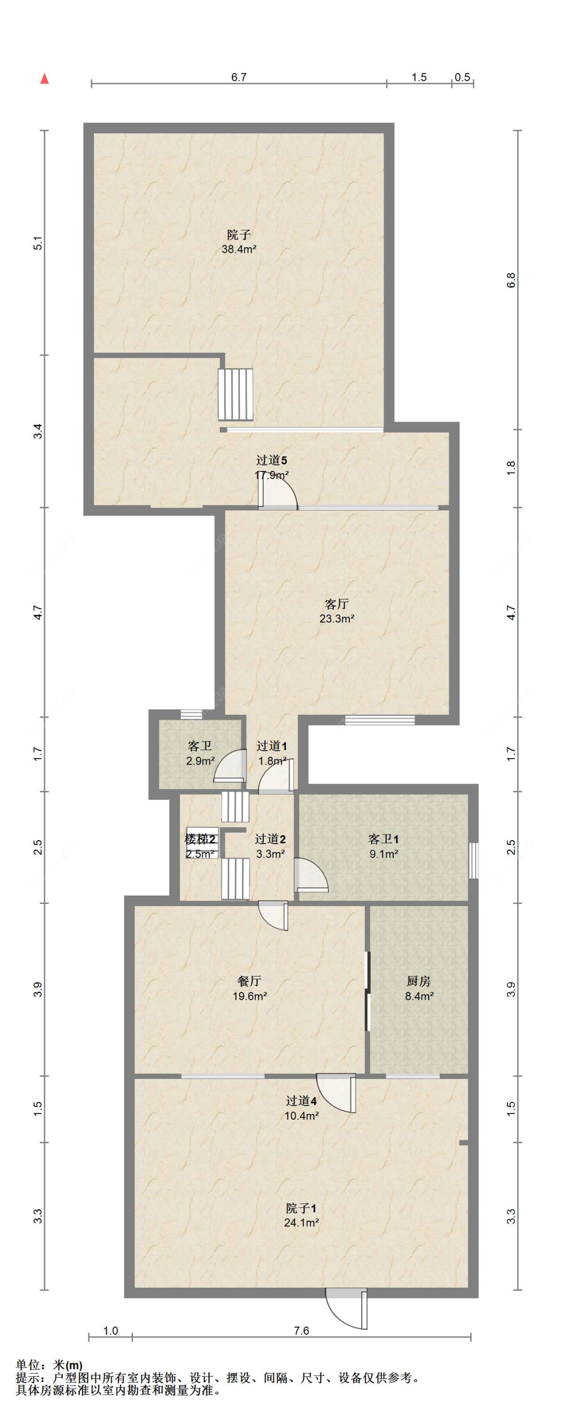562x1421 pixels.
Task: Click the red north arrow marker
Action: pos(44,79)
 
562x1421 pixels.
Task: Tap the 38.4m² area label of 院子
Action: pos(239,249)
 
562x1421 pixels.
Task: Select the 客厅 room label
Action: pos(336,603)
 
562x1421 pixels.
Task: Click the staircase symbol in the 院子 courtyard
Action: pos(236,395)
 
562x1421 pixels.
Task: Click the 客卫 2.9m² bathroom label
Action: pos(200,754)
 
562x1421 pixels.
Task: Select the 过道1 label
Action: pos(271,746)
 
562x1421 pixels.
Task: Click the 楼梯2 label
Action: pos(200,840)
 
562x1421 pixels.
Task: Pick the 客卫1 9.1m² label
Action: pos(383,847)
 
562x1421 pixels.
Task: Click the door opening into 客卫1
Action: pos(311,876)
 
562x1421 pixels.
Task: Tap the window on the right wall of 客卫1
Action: pos(473,861)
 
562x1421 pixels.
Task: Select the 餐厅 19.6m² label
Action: pos(249,988)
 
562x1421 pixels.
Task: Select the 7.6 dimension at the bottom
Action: pos(301,1331)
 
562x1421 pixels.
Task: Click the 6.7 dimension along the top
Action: pos(238,77)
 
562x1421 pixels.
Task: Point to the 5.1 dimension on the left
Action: pos(37,243)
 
